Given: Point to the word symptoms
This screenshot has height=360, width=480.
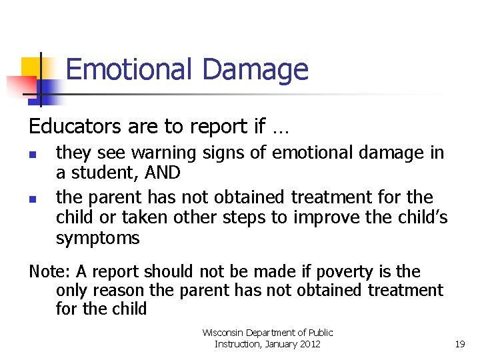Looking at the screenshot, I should point(97,238).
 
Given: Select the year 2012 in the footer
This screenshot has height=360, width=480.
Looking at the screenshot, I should point(307,344).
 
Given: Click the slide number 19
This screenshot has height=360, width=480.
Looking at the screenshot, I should point(459,344).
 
